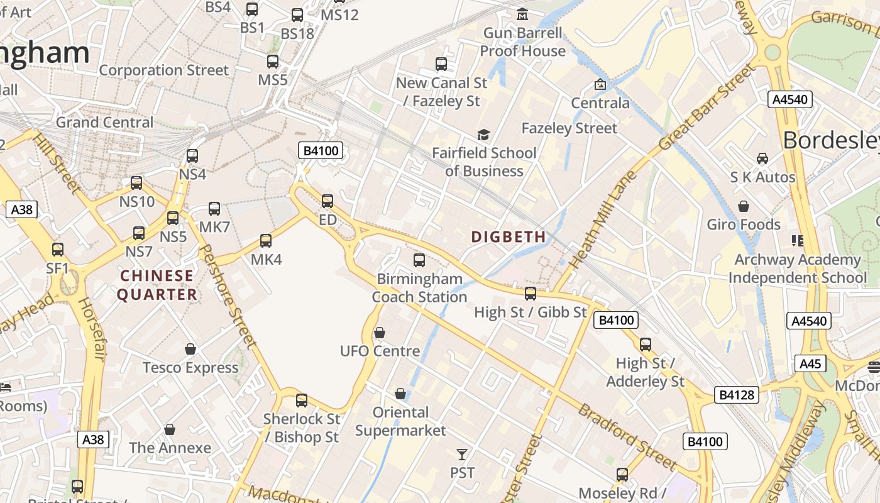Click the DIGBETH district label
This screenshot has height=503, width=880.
[509, 237]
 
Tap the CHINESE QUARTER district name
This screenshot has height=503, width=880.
[157, 285]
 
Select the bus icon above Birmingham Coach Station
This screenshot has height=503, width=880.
[419, 260]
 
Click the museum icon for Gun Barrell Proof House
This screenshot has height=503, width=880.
[522, 14]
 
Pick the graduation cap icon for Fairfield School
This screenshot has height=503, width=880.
[483, 135]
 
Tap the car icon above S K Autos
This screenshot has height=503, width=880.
[762, 158]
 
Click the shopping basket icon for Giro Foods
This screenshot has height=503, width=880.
[744, 206]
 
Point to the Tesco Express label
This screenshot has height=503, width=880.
[190, 367]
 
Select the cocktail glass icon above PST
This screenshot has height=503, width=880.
[462, 454]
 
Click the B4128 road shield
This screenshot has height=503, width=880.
[737, 395]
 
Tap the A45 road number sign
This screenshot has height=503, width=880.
[811, 363]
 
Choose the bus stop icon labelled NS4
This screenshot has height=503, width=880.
[192, 155]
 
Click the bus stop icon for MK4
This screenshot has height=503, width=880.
[266, 240]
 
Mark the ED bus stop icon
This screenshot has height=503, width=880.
[327, 201]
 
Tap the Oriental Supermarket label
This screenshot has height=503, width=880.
[400, 421]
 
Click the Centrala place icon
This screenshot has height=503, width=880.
[600, 84]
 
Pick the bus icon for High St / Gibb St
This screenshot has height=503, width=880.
[531, 293]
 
